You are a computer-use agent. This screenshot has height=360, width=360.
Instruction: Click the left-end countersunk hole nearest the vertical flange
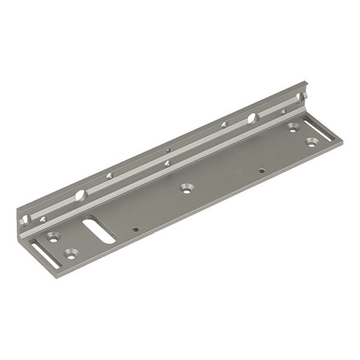(52, 236)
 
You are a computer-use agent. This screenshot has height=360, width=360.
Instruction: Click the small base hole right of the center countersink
(262, 170)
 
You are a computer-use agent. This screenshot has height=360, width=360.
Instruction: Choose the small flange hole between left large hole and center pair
(109, 176)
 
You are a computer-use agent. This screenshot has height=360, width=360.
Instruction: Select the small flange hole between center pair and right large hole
(223, 125)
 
